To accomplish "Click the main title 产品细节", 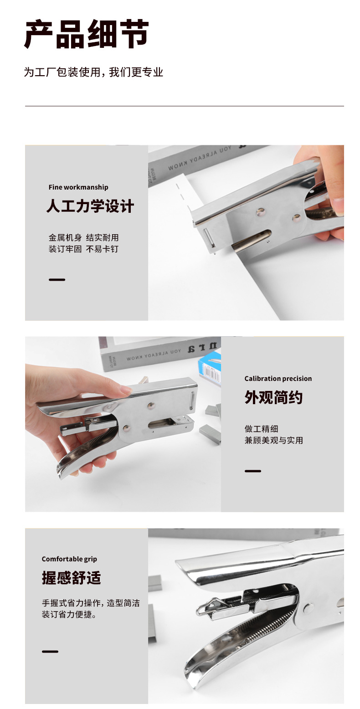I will tap(86, 34).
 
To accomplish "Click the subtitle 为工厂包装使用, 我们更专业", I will tap(93, 72).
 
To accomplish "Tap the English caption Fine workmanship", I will tap(78, 187).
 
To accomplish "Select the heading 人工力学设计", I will tap(90, 206).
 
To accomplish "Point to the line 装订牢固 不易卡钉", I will tap(83, 249).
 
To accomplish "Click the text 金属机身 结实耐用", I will tap(83, 237).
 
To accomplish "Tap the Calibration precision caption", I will tap(278, 379).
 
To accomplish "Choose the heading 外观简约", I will tap(273, 398).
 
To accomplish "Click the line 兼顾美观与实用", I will tap(273, 441).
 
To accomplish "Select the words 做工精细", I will tap(261, 429).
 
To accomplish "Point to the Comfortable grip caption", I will tap(69, 559).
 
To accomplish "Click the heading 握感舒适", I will tap(71, 578).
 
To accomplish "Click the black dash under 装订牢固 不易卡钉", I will tap(57, 280).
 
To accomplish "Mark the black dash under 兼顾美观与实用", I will tap(253, 471).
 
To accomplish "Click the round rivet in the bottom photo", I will tap(309, 608).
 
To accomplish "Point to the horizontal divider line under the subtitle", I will tap(184, 106).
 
